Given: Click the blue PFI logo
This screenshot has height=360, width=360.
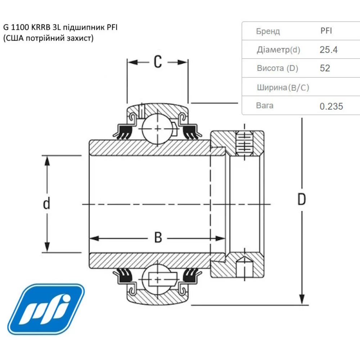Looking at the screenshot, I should (46, 309).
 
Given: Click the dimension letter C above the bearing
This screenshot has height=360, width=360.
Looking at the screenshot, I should (157, 62).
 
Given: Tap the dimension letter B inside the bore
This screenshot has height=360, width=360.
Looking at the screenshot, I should (158, 238).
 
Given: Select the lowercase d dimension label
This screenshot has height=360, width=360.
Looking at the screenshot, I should (46, 204).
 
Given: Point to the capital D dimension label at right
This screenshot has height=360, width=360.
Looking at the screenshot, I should (301, 199).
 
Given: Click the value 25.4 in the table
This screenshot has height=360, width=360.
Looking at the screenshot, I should (328, 50).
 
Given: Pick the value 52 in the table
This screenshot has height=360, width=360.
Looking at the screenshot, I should (325, 68).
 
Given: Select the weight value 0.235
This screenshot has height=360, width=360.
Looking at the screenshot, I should (331, 106).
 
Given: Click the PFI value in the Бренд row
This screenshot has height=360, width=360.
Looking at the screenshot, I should (326, 31).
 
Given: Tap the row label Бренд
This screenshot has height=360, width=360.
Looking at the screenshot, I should (268, 31).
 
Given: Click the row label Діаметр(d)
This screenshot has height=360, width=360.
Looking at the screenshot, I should (278, 50).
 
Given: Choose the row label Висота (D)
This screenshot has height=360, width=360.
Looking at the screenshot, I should (277, 68).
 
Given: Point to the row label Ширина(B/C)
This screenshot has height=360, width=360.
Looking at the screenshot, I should (283, 87).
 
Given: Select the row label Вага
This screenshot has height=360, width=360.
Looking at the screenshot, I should (265, 105).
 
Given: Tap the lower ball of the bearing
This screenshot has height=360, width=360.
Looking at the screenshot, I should (156, 279).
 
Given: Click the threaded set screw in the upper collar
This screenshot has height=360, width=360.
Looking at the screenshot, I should (244, 144).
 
